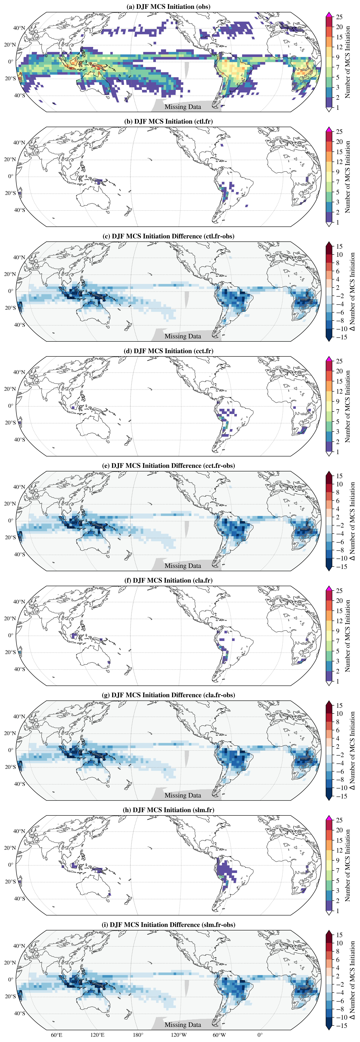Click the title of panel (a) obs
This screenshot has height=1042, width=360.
tap(168, 7)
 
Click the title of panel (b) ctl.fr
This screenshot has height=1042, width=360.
tap(168, 121)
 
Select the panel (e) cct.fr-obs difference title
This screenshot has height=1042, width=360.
tap(168, 466)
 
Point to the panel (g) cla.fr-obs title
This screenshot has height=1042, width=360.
tap(168, 695)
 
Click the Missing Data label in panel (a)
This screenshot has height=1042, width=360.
tap(183, 107)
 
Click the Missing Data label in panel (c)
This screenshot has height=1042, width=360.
tap(183, 336)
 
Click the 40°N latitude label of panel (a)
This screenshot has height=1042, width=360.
tap(19, 28)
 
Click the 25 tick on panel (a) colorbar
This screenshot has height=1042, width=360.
tap(339, 17)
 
